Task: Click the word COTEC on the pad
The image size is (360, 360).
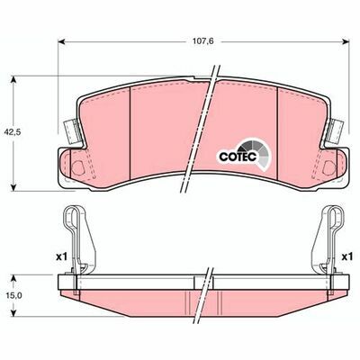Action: (237, 154)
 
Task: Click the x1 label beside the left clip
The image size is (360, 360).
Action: (60, 257)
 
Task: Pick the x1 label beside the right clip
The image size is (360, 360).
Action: (346, 257)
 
